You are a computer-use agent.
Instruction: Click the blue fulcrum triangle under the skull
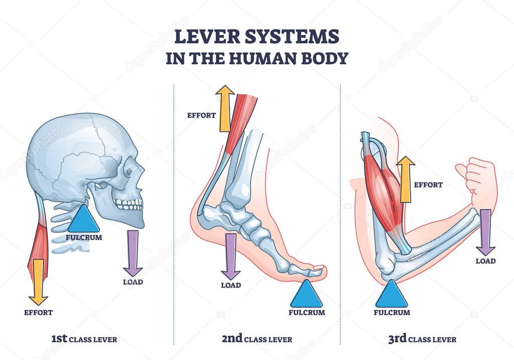[x=83, y=220]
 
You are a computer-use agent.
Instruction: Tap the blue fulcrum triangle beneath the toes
[x=306, y=296]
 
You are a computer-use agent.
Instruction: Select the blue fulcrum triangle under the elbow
[x=392, y=296]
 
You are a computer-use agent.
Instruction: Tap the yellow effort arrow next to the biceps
[x=406, y=178]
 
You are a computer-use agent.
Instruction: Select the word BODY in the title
[x=325, y=58]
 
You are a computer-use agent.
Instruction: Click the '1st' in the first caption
[x=59, y=339]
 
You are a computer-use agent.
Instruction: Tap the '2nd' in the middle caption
[x=232, y=339]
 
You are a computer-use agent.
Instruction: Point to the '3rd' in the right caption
[x=398, y=339]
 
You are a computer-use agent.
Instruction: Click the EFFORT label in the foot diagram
[x=201, y=115]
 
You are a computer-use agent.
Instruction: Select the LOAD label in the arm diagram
[x=485, y=261]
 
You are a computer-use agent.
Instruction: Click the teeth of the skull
[x=129, y=204]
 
